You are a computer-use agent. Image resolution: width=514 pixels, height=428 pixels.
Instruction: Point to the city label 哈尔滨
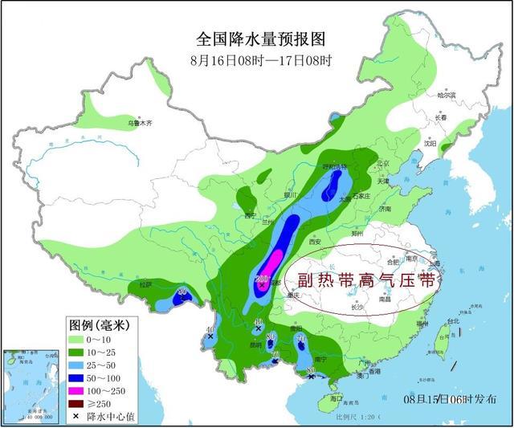pos(447,95)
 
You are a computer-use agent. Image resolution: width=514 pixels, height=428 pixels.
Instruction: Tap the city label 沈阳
pos(431,145)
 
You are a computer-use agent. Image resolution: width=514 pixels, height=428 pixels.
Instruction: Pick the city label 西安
pos(315,242)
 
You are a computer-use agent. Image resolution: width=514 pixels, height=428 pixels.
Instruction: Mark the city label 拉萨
pos(145,284)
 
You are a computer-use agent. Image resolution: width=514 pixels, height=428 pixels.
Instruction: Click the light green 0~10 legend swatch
pos(79,340)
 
